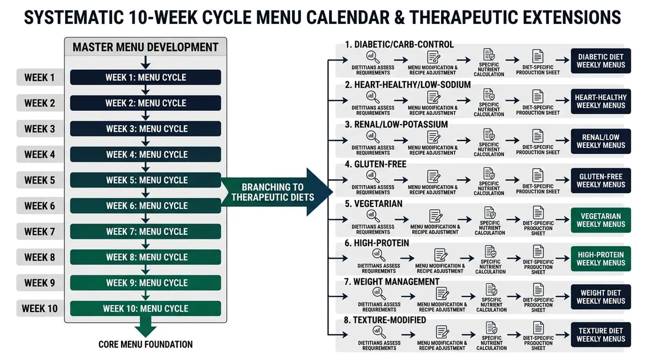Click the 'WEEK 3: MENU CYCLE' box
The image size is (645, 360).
click(145, 129)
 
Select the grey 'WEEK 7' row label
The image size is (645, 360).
click(39, 231)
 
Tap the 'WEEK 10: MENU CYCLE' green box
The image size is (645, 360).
click(145, 309)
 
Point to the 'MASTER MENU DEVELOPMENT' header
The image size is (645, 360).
click(145, 47)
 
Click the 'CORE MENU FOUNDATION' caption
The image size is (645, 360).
click(145, 345)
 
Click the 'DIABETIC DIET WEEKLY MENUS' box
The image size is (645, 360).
click(600, 61)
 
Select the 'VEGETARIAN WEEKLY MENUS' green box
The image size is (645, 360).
click(600, 220)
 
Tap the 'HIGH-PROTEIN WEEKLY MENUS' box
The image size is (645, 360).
click(600, 259)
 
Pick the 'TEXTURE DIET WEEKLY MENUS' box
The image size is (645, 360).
click(600, 335)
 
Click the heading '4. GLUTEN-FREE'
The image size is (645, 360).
click(375, 164)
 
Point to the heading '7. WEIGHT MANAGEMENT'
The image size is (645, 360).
click(392, 282)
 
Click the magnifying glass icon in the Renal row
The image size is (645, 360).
click(373, 137)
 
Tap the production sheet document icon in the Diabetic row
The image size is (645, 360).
click(538, 57)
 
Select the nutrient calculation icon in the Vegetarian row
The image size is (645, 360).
click(490, 213)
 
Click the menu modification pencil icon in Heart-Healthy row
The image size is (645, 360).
click(433, 97)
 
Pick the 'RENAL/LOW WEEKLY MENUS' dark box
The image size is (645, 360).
click(600, 141)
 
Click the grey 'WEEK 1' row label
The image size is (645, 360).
click(39, 77)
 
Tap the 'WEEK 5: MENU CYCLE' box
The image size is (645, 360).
click(145, 180)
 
